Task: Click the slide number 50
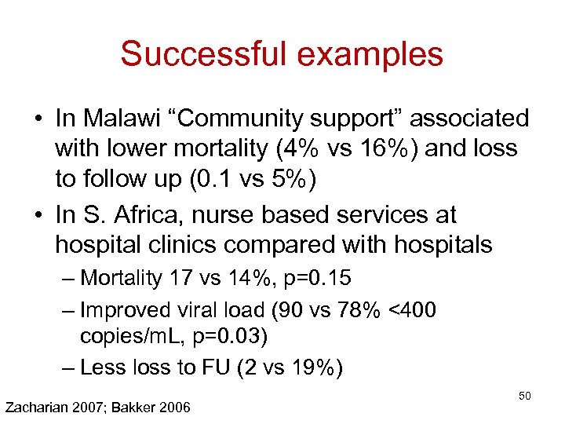[525, 396]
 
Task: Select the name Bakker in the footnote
[144, 407]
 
